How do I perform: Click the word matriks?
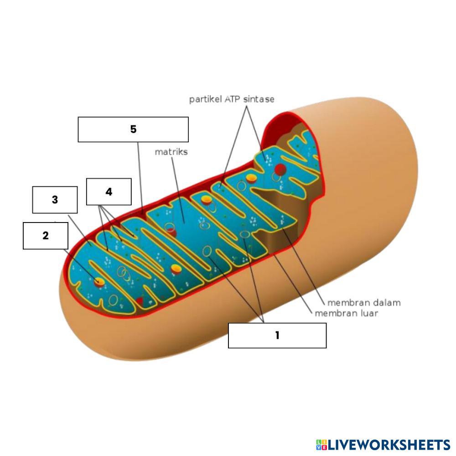(171, 152)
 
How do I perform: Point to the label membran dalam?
(364, 302)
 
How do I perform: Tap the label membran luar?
(346, 313)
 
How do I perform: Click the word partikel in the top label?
(206, 99)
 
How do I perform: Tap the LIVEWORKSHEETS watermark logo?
(383, 445)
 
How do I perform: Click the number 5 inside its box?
(133, 130)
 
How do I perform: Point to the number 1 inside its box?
(277, 336)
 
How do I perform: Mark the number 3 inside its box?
(55, 200)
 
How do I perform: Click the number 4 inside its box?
(109, 192)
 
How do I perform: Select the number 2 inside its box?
(46, 236)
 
